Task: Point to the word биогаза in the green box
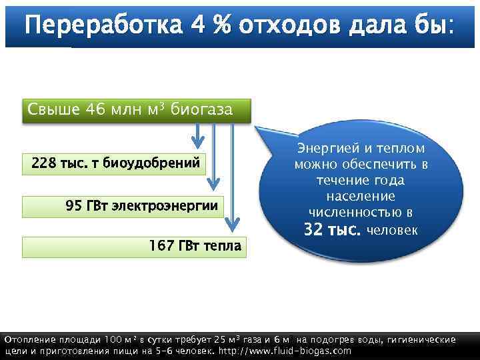click(202, 109)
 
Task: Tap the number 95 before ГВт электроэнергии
click(73, 205)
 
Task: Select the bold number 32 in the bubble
click(315, 230)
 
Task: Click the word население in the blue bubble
click(361, 197)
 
